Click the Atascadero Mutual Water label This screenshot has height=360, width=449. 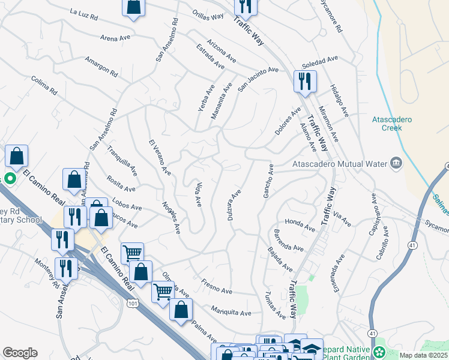tap(339, 162)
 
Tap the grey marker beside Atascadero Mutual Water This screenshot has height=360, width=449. tap(395, 162)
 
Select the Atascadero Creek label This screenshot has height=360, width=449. tap(391, 123)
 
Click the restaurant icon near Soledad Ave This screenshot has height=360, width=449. tap(305, 81)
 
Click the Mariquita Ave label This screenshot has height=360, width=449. tap(231, 311)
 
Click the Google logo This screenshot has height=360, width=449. tap(20, 353)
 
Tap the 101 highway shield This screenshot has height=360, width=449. tap(133, 305)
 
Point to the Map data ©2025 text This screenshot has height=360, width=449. tap(423, 355)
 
